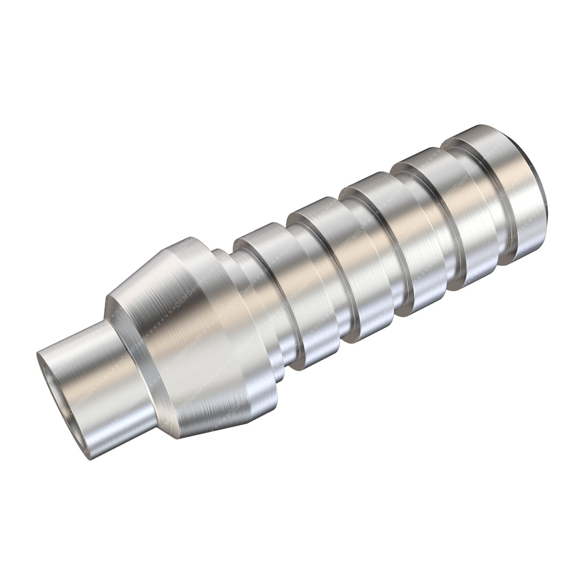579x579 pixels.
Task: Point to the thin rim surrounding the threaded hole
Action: click(44, 376)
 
